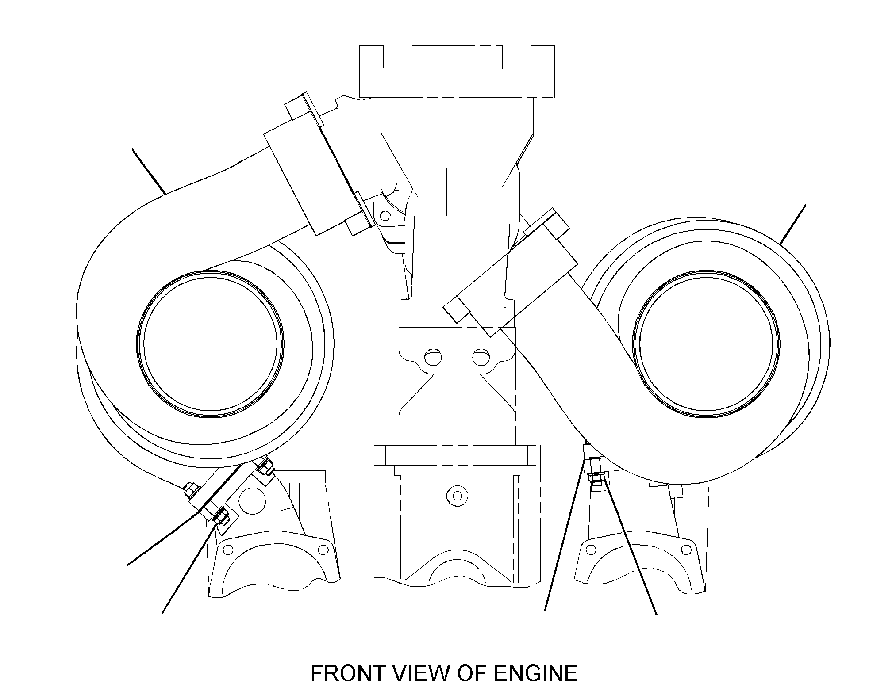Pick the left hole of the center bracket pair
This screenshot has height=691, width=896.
[433, 357]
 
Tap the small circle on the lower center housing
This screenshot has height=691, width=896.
[457, 496]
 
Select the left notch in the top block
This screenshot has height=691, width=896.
[398, 57]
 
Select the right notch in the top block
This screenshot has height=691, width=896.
[516, 57]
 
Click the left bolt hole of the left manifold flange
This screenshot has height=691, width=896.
[228, 550]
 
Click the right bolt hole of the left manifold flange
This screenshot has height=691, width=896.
[323, 549]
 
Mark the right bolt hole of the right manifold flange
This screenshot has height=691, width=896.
[686, 550]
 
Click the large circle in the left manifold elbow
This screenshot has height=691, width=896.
[251, 501]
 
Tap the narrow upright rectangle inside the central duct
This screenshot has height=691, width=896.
[460, 191]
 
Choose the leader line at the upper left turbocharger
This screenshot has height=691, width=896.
[149, 172]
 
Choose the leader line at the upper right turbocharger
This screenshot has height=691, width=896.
[793, 224]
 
